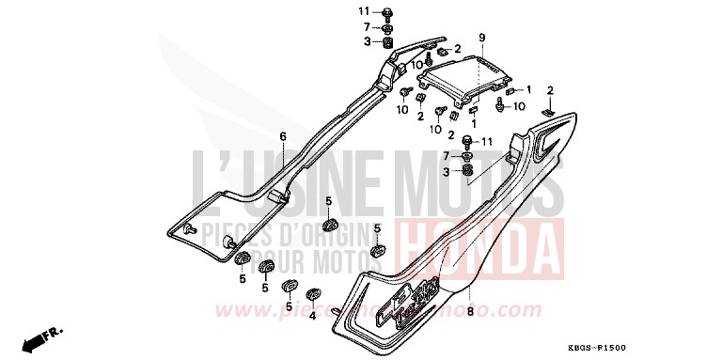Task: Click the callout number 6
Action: [282, 137]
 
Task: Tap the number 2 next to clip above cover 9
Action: [458, 49]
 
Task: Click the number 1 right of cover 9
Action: [529, 89]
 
